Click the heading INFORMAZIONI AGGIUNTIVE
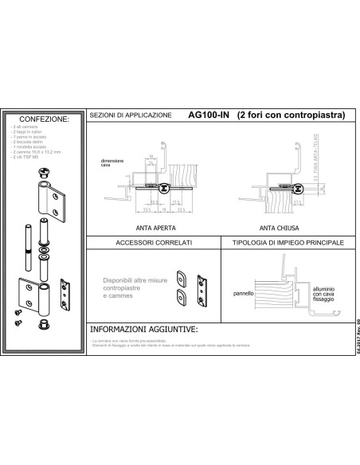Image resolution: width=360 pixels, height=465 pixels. coord(143,328)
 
